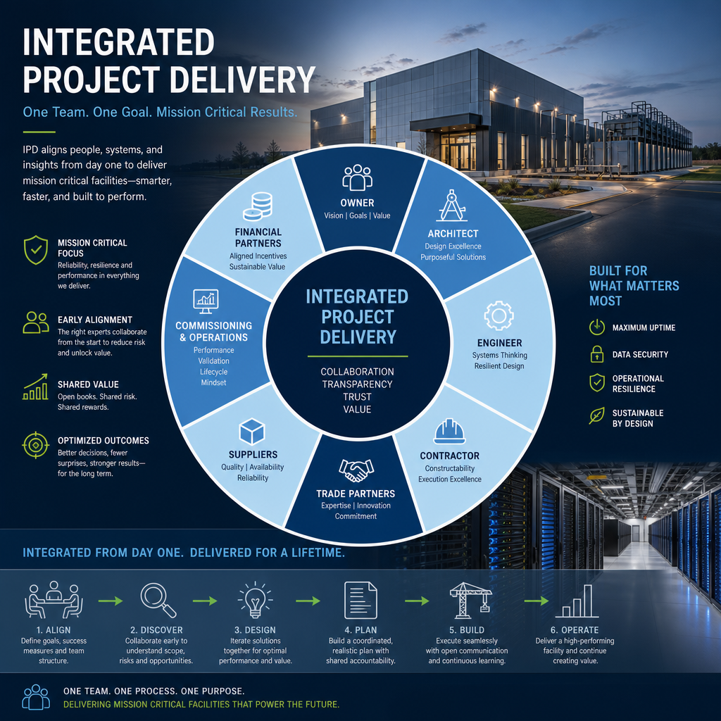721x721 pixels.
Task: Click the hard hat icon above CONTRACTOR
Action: (x=449, y=432)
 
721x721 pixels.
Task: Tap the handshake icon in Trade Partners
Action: (x=356, y=470)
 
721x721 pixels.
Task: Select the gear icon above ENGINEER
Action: (x=499, y=315)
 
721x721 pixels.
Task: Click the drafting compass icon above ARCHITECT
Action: (x=452, y=206)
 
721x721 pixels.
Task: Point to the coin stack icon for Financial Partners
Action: (x=258, y=206)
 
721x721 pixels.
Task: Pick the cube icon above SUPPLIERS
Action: (x=252, y=432)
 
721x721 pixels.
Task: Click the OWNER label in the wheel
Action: (x=357, y=203)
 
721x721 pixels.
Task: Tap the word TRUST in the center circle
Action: (x=357, y=396)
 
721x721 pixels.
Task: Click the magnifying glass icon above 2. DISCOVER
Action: (x=158, y=600)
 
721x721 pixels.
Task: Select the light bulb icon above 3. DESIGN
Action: (x=255, y=600)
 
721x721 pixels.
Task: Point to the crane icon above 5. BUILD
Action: (x=470, y=600)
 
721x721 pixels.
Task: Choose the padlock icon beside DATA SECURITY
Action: (x=597, y=354)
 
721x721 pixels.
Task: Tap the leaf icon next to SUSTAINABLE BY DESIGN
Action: (x=597, y=415)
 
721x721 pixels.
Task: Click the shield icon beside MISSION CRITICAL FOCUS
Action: (x=36, y=250)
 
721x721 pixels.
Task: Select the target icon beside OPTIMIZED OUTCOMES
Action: (x=35, y=445)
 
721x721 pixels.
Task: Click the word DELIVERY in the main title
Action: (x=242, y=80)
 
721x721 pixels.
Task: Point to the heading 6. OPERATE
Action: (x=575, y=630)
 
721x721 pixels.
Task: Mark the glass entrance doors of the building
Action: (x=458, y=153)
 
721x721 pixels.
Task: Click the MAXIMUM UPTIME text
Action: (x=644, y=328)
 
